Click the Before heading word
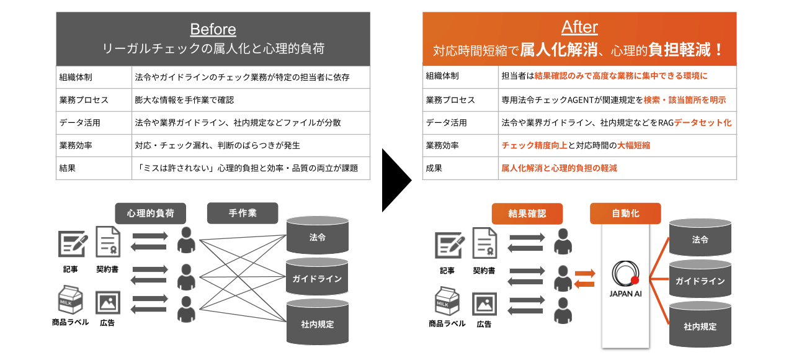pyautogui.click(x=213, y=29)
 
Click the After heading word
pyautogui.click(x=579, y=27)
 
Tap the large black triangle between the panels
pyautogui.click(x=396, y=180)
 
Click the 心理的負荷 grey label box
pyautogui.click(x=150, y=214)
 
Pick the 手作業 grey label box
pyautogui.click(x=243, y=214)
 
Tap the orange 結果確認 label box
pyautogui.click(x=527, y=214)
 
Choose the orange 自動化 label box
pyautogui.click(x=625, y=214)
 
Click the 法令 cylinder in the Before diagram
pyautogui.click(x=317, y=236)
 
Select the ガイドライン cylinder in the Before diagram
pyautogui.click(x=317, y=278)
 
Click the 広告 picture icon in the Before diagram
pyautogui.click(x=107, y=302)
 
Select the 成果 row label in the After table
pyautogui.click(x=434, y=168)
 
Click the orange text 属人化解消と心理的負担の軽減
pyautogui.click(x=559, y=168)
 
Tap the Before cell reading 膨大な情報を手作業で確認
pyautogui.click(x=184, y=100)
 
